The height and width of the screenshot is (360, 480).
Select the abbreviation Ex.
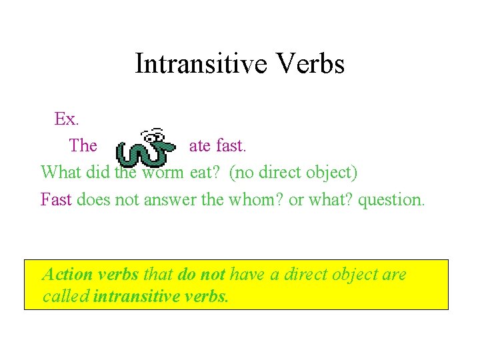click(67, 119)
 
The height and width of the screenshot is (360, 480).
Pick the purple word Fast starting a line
click(56, 199)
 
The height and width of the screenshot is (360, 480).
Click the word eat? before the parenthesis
click(206, 173)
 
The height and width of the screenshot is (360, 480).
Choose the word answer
click(171, 199)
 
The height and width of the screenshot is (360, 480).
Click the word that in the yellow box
click(157, 275)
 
